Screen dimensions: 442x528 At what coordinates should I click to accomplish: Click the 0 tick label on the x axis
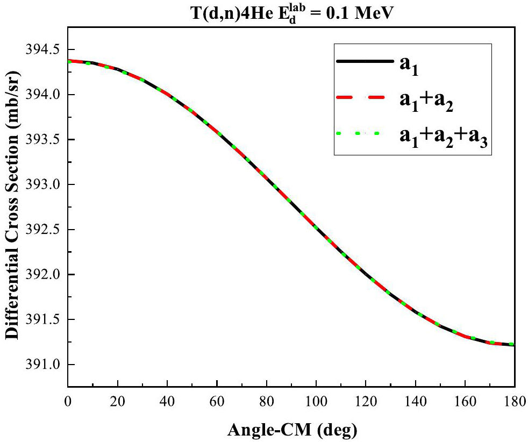pyautogui.click(x=68, y=401)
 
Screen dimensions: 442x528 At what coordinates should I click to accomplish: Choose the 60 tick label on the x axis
pyautogui.click(x=217, y=401)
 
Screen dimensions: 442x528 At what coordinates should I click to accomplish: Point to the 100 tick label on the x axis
pyautogui.click(x=316, y=401)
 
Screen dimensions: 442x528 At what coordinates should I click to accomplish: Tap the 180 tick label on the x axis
pyautogui.click(x=515, y=401)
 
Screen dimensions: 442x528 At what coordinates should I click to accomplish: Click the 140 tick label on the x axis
pyautogui.click(x=415, y=401)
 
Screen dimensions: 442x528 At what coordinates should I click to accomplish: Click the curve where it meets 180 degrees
pyautogui.click(x=514, y=345)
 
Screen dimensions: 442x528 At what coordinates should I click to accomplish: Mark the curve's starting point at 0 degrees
pyautogui.click(x=68, y=61)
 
